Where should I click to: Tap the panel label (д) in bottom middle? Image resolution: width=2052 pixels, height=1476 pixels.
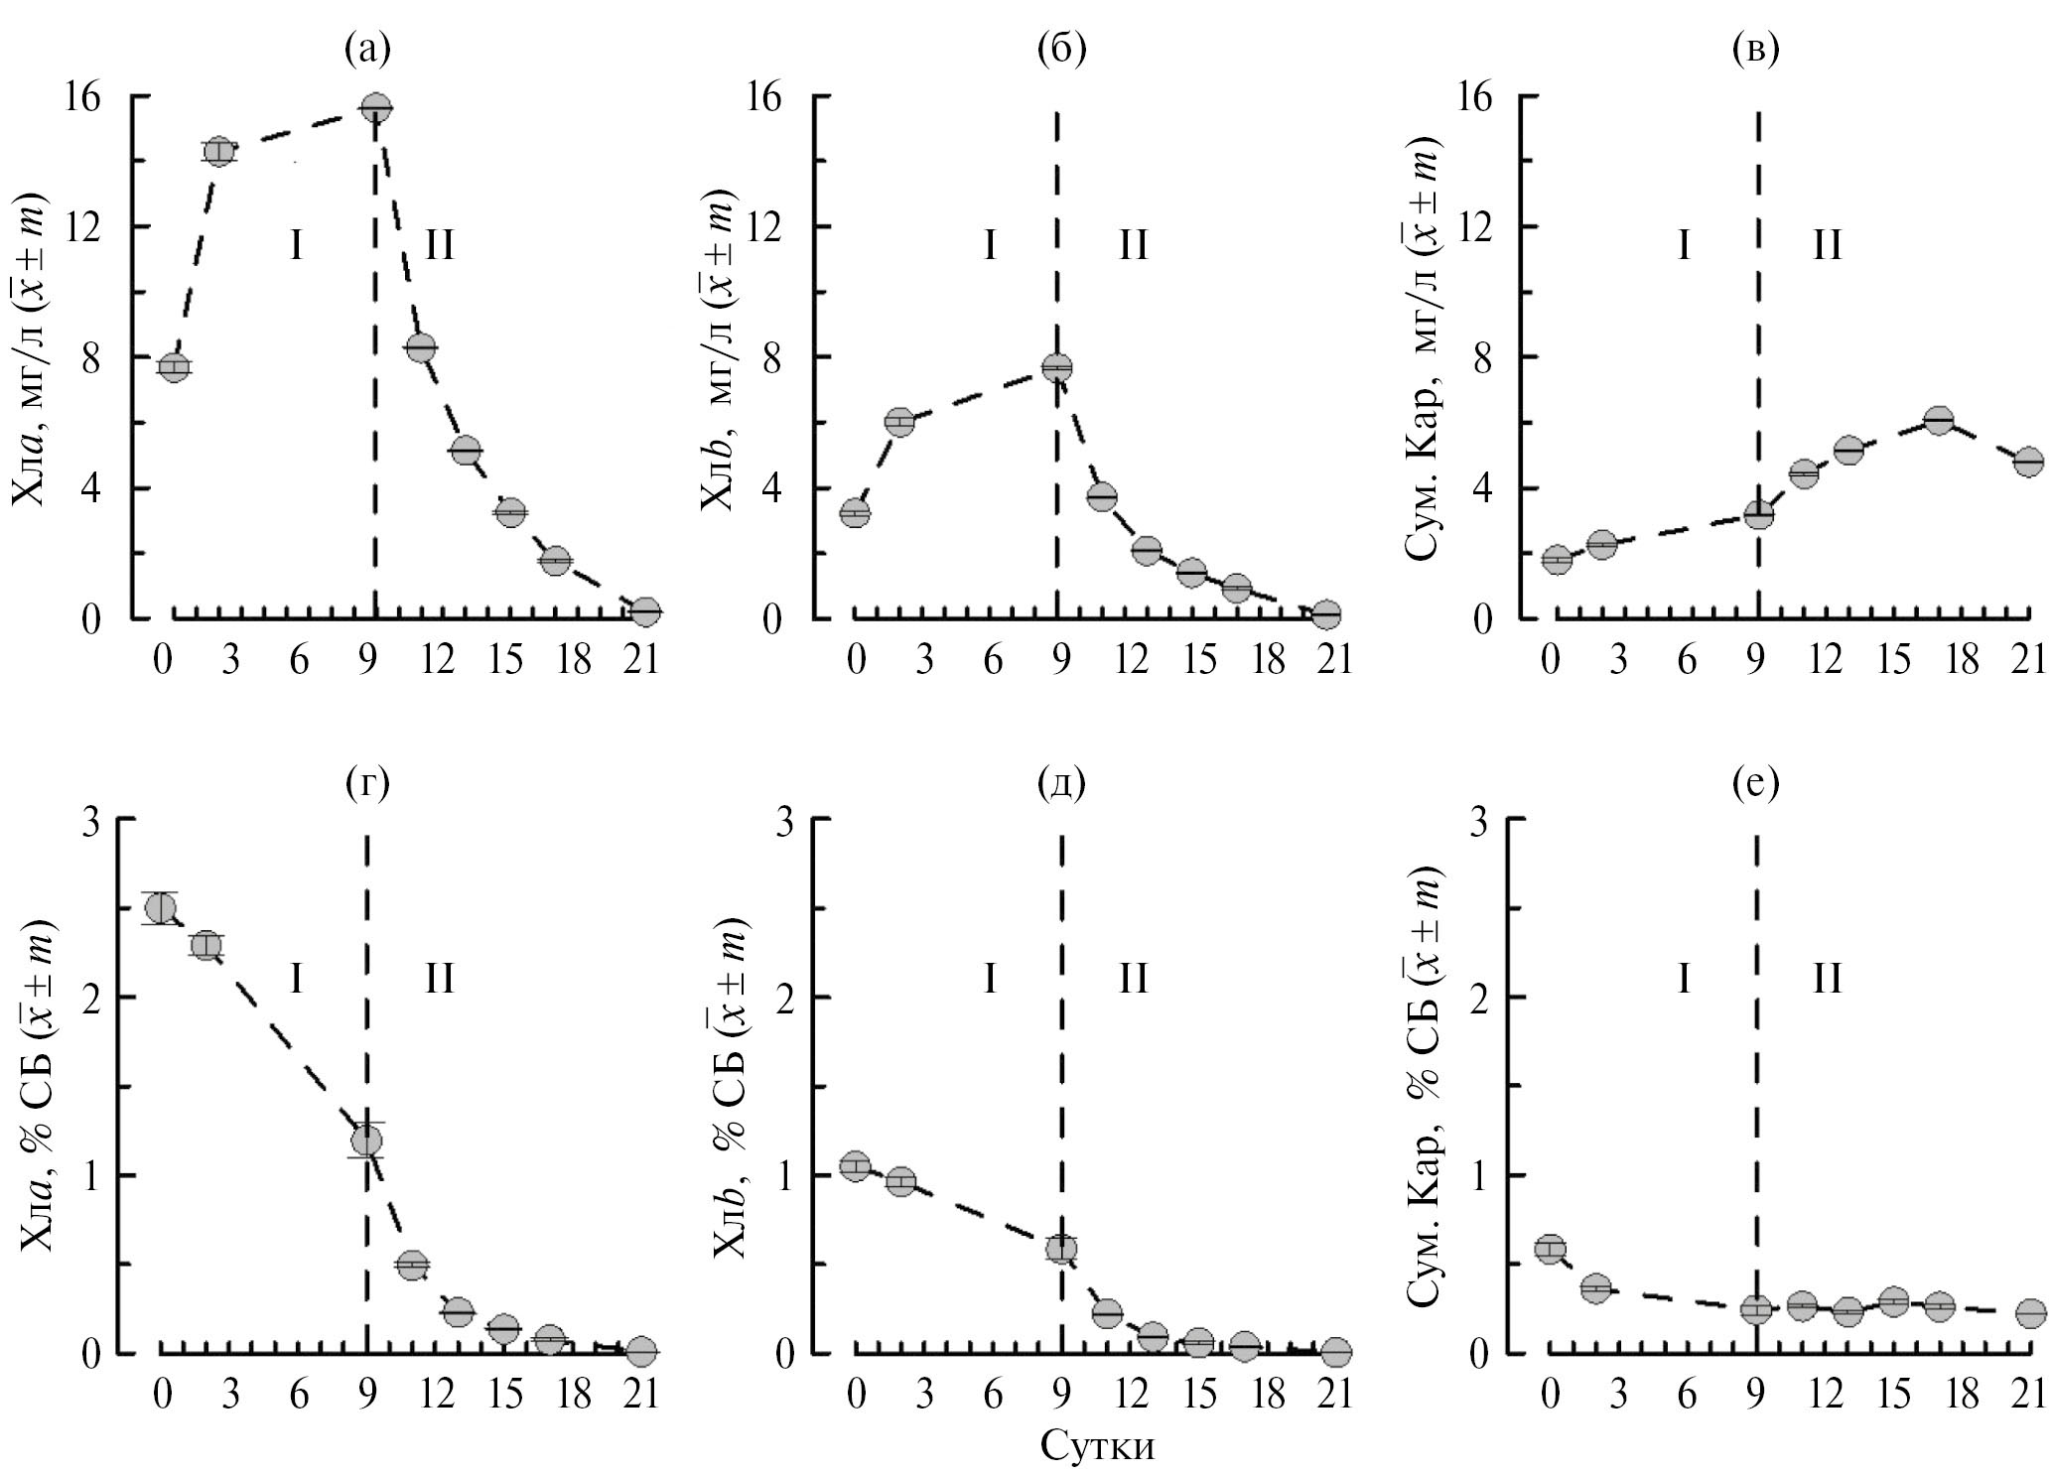(1060, 783)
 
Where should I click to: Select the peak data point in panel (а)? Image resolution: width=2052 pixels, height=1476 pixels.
(376, 107)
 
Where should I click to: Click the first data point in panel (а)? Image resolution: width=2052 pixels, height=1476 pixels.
(174, 367)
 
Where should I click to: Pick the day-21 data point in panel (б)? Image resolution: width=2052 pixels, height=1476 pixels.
(1324, 614)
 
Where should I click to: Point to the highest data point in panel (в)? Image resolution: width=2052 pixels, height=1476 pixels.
(1939, 421)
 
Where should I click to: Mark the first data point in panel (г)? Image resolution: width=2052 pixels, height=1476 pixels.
(160, 907)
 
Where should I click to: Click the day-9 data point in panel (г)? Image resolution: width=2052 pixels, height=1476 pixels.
(366, 1140)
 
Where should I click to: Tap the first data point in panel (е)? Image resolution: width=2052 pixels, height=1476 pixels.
(1550, 1249)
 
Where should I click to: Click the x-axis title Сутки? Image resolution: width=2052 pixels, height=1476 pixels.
(1097, 1445)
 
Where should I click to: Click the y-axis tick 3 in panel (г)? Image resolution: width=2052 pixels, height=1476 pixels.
(96, 820)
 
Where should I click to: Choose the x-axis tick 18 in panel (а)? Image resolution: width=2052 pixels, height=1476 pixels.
(576, 660)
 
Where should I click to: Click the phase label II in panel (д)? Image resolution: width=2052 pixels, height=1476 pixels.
(1133, 980)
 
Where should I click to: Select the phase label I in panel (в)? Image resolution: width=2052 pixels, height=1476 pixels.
(1684, 244)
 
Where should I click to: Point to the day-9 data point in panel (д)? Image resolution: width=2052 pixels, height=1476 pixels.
(1061, 1248)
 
